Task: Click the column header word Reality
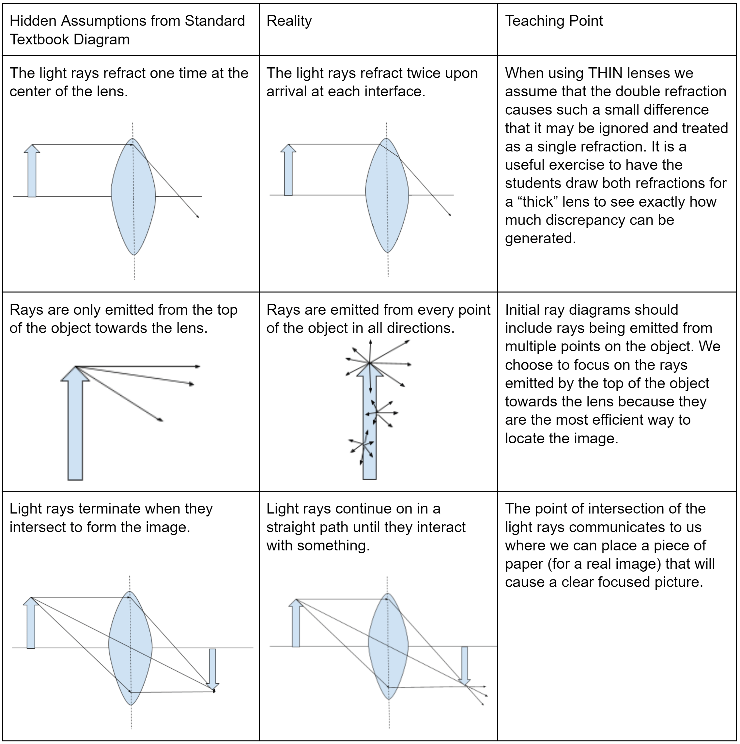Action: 289,21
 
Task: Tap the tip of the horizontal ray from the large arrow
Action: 198,366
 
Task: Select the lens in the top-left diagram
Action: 133,197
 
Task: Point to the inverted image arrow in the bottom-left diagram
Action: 212,668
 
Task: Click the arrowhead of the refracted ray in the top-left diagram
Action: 198,216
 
